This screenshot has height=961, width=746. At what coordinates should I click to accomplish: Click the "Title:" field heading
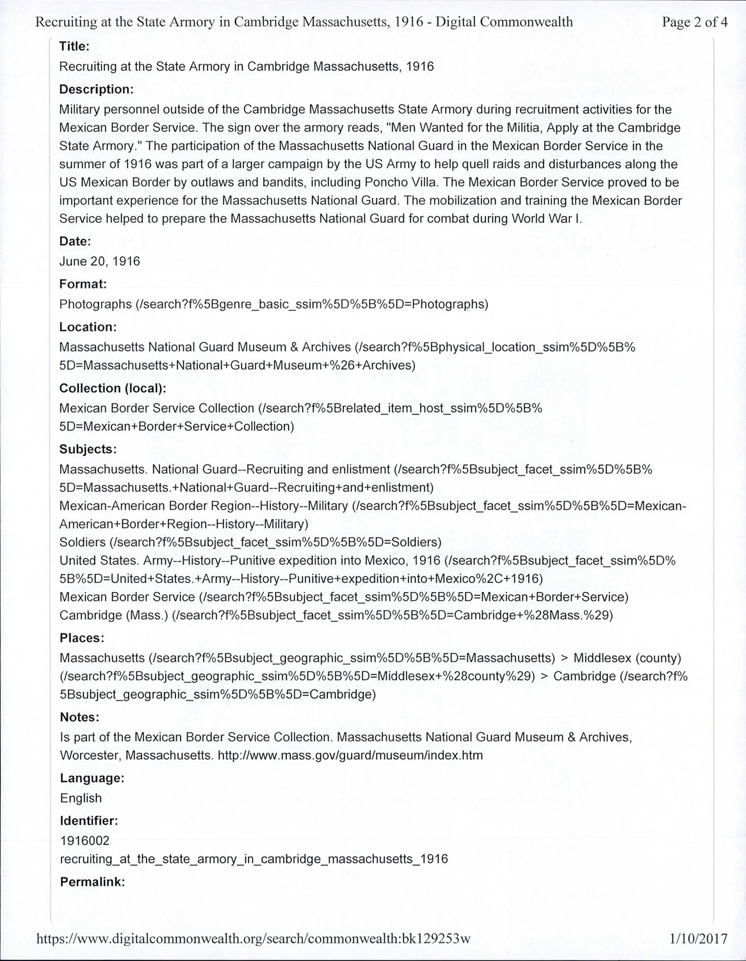[74, 46]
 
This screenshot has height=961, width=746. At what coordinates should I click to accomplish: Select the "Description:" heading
[96, 89]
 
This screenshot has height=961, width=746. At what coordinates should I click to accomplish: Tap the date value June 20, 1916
[99, 261]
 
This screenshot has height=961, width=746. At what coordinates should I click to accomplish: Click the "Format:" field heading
[83, 283]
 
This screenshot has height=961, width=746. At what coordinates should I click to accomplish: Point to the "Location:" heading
[88, 327]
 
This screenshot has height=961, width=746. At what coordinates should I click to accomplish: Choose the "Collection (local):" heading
[113, 388]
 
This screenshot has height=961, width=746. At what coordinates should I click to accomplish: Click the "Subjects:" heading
[88, 449]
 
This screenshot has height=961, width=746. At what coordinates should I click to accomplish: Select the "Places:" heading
[81, 638]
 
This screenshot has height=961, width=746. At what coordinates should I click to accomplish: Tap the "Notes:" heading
[79, 717]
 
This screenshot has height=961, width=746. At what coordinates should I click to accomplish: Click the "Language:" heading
[92, 778]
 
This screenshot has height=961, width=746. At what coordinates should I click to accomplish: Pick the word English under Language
[81, 798]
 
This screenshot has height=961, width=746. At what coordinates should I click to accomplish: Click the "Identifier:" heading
[89, 821]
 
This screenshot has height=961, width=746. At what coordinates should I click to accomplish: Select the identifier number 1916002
[85, 841]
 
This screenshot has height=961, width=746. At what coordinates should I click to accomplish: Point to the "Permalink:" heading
[92, 882]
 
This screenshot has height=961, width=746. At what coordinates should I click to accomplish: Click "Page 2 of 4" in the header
[695, 23]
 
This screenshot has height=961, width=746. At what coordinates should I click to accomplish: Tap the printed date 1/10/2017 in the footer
[698, 939]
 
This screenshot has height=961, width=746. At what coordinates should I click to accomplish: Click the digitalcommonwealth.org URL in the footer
[254, 939]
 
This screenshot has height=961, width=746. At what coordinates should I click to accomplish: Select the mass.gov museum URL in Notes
[350, 755]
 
